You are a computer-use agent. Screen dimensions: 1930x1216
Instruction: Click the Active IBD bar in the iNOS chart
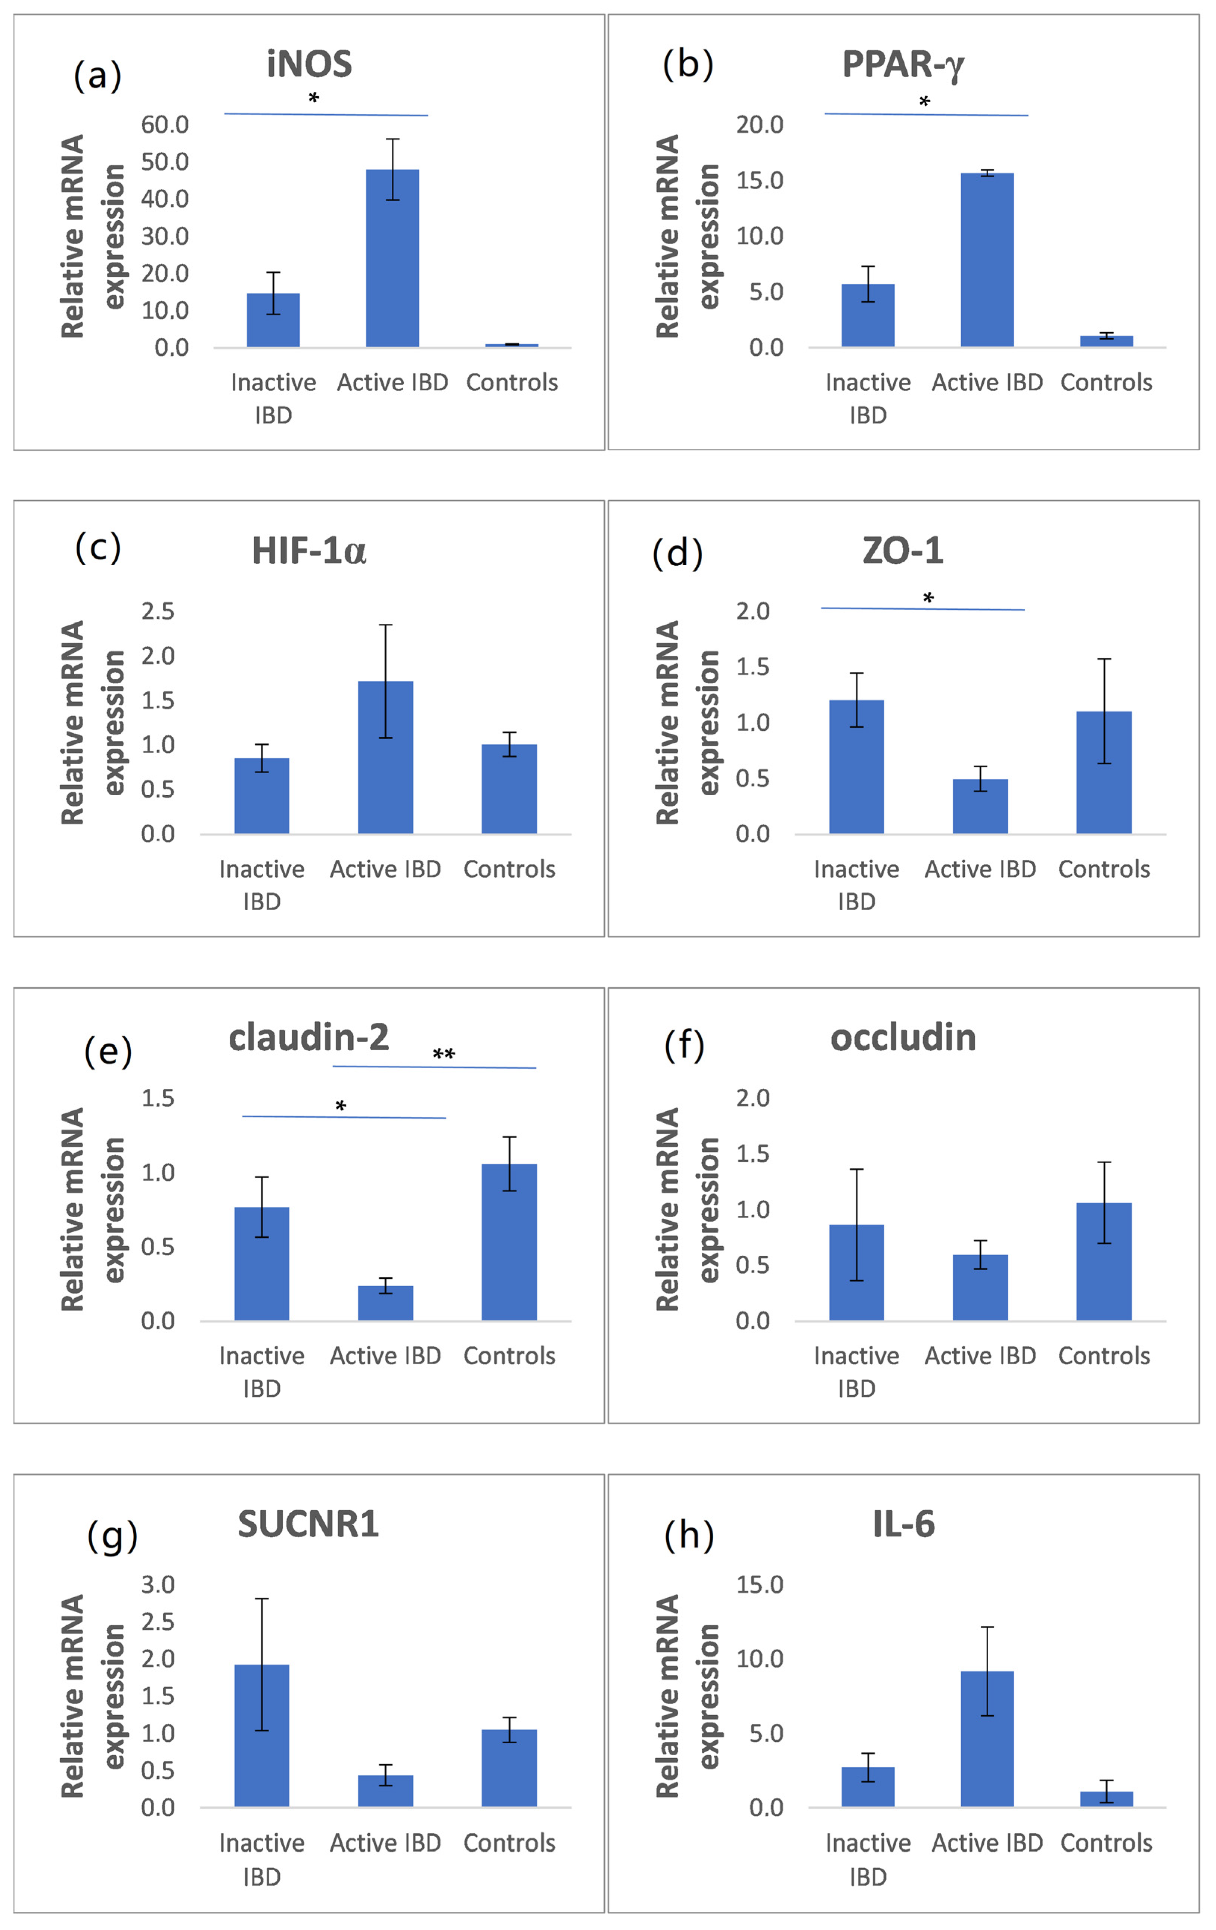[392, 258]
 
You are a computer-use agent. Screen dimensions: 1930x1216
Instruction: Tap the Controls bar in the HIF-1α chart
[509, 789]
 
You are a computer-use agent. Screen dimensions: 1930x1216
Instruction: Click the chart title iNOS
[309, 64]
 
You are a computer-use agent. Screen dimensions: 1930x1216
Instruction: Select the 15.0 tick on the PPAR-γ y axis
[760, 180]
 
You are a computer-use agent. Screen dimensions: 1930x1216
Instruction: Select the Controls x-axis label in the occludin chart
[1104, 1355]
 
